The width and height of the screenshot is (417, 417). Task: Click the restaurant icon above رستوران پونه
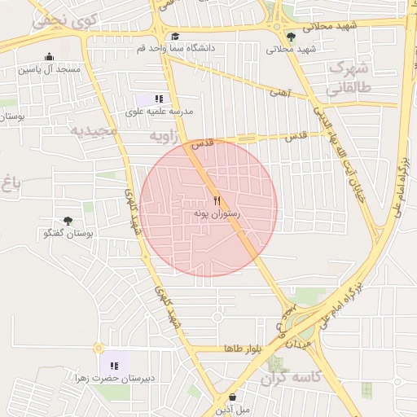pyautogui.click(x=217, y=200)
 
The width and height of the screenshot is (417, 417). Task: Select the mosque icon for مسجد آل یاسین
pyautogui.click(x=50, y=57)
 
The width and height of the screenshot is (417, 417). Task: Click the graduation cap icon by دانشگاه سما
pyautogui.click(x=175, y=37)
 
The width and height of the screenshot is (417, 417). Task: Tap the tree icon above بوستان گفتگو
pyautogui.click(x=68, y=221)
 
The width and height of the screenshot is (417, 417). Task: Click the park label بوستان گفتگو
pyautogui.click(x=69, y=233)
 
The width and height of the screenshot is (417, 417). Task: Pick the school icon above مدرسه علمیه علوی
pyautogui.click(x=159, y=99)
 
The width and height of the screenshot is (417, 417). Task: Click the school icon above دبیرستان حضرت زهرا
pyautogui.click(x=114, y=365)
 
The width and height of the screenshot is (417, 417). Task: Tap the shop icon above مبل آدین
pyautogui.click(x=233, y=397)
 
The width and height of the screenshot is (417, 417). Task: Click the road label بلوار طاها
pyautogui.click(x=243, y=349)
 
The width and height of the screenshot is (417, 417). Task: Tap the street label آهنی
pyautogui.click(x=280, y=93)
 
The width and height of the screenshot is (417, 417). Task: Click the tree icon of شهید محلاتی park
pyautogui.click(x=291, y=36)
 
